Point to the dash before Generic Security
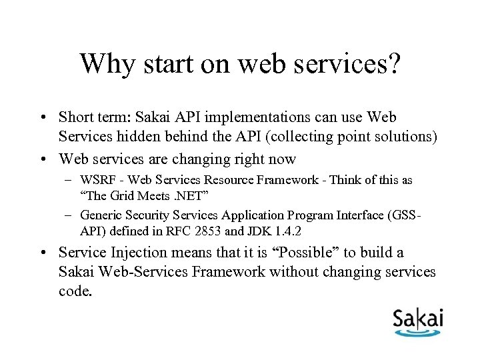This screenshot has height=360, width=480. pos(69,215)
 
